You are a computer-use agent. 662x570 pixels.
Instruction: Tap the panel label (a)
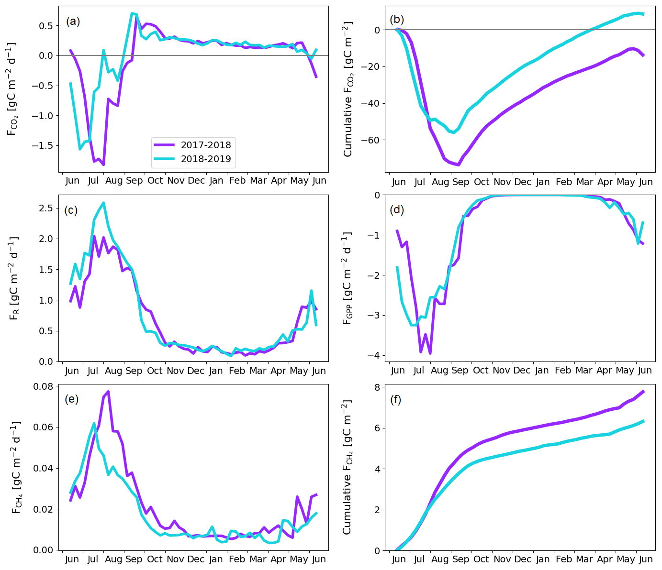pos(73,21)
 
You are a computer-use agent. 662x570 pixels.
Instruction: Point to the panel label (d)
pos(397,209)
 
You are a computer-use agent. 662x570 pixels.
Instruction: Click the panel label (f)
pos(395,399)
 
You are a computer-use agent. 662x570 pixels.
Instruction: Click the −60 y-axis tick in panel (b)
pos(370,140)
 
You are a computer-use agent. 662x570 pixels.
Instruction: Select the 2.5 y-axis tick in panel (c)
pos(46,208)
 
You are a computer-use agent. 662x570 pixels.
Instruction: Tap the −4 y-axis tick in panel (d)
pos(374,355)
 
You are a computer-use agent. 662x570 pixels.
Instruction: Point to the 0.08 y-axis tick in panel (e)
pos(43,386)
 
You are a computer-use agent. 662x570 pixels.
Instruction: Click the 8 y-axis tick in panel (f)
pos(377,387)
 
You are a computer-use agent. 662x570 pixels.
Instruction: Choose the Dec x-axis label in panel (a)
pos(196,181)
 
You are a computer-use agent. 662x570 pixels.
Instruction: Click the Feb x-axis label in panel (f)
pos(563,559)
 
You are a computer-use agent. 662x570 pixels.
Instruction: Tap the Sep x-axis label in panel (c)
pos(134,371)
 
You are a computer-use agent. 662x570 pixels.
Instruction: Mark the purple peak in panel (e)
pos(108,392)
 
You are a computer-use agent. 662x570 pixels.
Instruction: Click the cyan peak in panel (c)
pos(103,203)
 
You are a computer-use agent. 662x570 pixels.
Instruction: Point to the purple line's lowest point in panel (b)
pos(458,165)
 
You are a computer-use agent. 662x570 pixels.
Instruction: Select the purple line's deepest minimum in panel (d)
pos(430,353)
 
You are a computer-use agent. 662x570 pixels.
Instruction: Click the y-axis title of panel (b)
pos(348,89)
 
